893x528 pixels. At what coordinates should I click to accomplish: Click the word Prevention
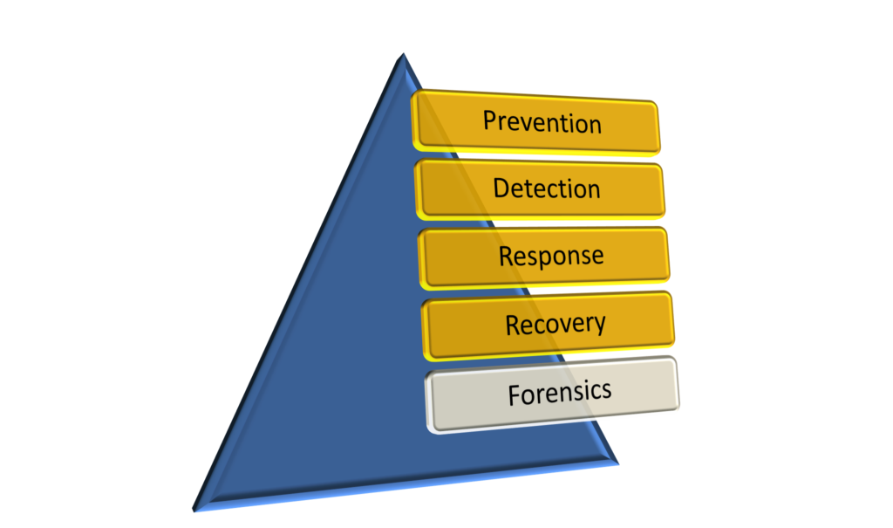click(542, 122)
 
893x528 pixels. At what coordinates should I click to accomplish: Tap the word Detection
click(547, 189)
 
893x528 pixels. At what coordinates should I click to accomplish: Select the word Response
click(551, 257)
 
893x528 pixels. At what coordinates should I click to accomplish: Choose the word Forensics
click(560, 393)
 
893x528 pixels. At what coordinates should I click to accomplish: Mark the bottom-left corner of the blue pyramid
click(197, 510)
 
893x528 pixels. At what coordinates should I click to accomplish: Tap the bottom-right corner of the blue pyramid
click(614, 461)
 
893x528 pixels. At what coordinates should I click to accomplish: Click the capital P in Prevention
click(490, 120)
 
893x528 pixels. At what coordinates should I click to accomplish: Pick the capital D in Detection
click(501, 188)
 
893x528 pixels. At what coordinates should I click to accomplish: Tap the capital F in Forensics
click(515, 395)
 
